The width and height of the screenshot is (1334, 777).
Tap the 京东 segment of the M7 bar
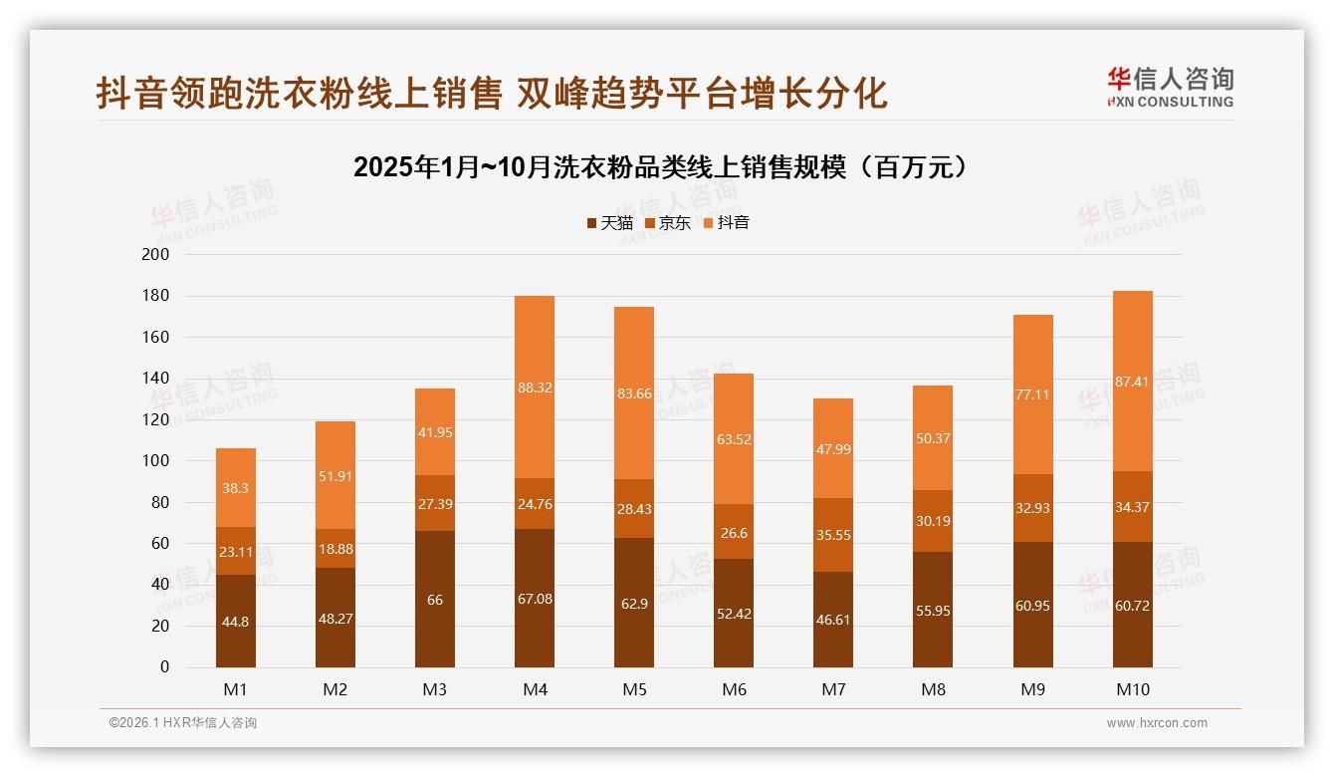click(833, 535)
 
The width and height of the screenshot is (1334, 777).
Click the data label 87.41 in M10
click(1133, 382)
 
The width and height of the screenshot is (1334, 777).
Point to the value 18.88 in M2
click(335, 549)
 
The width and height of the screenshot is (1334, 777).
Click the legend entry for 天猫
click(609, 223)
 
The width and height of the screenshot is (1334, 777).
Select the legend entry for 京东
click(668, 223)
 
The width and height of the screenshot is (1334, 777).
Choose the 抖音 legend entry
click(727, 223)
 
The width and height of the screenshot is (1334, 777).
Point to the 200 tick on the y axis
click(157, 255)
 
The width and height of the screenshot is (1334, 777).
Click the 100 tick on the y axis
click(157, 461)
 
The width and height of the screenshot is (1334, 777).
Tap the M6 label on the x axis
click(734, 689)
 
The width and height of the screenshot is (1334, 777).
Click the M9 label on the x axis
click(1032, 689)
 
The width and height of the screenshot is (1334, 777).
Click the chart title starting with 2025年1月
click(660, 167)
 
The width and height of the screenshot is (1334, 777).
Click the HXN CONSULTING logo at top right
click(1170, 88)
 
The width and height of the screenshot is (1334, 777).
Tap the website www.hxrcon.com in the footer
click(1157, 723)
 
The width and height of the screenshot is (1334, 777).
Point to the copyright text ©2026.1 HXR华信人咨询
click(183, 723)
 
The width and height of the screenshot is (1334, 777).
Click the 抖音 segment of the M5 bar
click(634, 393)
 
